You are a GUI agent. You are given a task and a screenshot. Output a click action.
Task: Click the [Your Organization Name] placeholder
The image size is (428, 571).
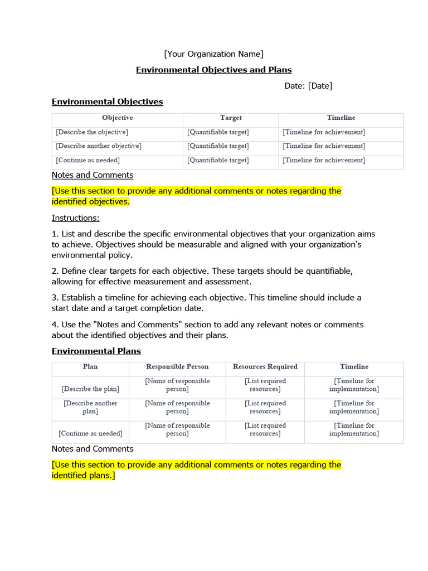(x=213, y=54)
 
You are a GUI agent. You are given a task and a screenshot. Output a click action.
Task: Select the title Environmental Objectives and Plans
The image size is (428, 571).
(x=214, y=70)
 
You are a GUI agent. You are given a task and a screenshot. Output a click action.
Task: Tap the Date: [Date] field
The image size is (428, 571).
(x=308, y=85)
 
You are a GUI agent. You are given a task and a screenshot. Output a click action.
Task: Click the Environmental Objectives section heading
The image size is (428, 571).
(x=107, y=101)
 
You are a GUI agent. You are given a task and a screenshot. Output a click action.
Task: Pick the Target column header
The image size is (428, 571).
(x=231, y=118)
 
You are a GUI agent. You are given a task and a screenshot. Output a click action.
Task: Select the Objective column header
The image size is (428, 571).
(x=118, y=118)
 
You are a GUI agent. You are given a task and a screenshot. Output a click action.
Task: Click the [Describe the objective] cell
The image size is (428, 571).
(x=92, y=132)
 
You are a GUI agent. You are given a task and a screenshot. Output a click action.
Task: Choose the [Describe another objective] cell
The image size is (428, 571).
(x=99, y=146)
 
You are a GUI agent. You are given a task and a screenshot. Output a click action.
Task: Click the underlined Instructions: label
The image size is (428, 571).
(x=75, y=218)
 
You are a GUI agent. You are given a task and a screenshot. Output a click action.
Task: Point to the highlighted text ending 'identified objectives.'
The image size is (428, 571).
(x=196, y=196)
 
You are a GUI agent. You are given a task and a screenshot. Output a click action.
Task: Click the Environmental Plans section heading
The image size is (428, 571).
(x=96, y=351)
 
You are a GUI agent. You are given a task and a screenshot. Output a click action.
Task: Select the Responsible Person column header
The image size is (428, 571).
(x=177, y=367)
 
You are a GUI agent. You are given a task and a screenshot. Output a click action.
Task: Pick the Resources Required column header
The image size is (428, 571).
(x=265, y=367)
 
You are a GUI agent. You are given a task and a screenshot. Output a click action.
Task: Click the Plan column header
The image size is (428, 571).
(x=90, y=367)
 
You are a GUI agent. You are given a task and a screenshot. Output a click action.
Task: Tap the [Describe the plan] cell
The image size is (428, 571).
(x=90, y=389)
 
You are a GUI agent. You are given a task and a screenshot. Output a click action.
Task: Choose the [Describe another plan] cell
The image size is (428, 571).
(x=90, y=407)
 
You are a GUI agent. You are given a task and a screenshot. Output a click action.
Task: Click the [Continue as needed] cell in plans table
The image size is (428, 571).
(x=90, y=433)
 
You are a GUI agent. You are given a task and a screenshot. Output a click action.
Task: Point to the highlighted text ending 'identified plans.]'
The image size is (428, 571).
(x=196, y=470)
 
